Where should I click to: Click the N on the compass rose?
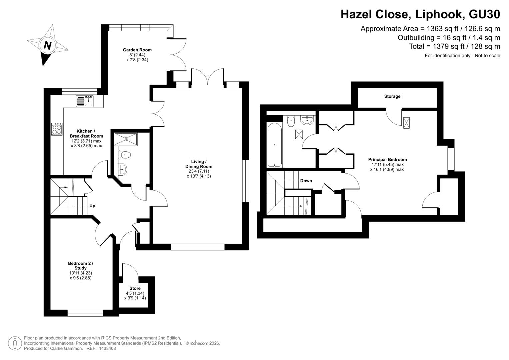[47, 46]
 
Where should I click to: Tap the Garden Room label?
[137, 50]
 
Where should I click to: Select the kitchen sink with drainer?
[85, 101]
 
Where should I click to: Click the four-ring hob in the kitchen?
[57, 129]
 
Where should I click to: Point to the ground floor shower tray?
[126, 139]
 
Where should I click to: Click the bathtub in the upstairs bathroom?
[275, 145]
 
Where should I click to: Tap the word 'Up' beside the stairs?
[92, 206]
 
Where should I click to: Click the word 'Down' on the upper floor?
[306, 181]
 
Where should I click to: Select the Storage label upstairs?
[392, 96]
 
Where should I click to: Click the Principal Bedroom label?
[387, 160]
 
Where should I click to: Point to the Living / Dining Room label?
[199, 164]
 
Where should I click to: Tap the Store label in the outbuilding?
[135, 288]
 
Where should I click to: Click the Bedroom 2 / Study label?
[81, 266]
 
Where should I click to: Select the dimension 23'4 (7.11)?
[199, 171]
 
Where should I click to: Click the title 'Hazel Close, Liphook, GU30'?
[420, 14]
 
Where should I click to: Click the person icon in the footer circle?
[15, 343]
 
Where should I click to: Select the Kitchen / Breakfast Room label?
[86, 134]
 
